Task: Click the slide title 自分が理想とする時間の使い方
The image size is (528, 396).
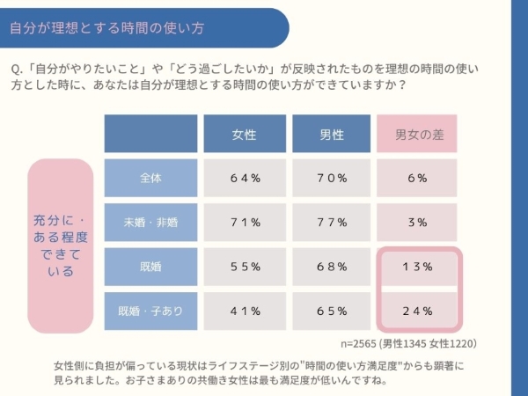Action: pyautogui.click(x=106, y=27)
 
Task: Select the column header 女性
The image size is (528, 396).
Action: pyautogui.click(x=245, y=134)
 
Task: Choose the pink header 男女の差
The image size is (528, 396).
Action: pyautogui.click(x=418, y=134)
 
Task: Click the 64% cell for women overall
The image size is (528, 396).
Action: pyautogui.click(x=245, y=178)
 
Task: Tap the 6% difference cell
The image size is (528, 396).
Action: pyautogui.click(x=418, y=178)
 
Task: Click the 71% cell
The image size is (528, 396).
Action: pyautogui.click(x=245, y=222)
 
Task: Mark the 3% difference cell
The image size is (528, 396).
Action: pyautogui.click(x=418, y=222)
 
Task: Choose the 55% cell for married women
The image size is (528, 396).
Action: pyautogui.click(x=245, y=266)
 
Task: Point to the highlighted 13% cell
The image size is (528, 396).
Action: pyautogui.click(x=418, y=267)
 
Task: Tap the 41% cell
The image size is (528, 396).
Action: pyautogui.click(x=245, y=311)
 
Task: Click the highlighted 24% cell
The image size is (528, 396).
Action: pyautogui.click(x=418, y=311)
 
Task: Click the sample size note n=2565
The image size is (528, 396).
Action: pyautogui.click(x=408, y=343)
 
